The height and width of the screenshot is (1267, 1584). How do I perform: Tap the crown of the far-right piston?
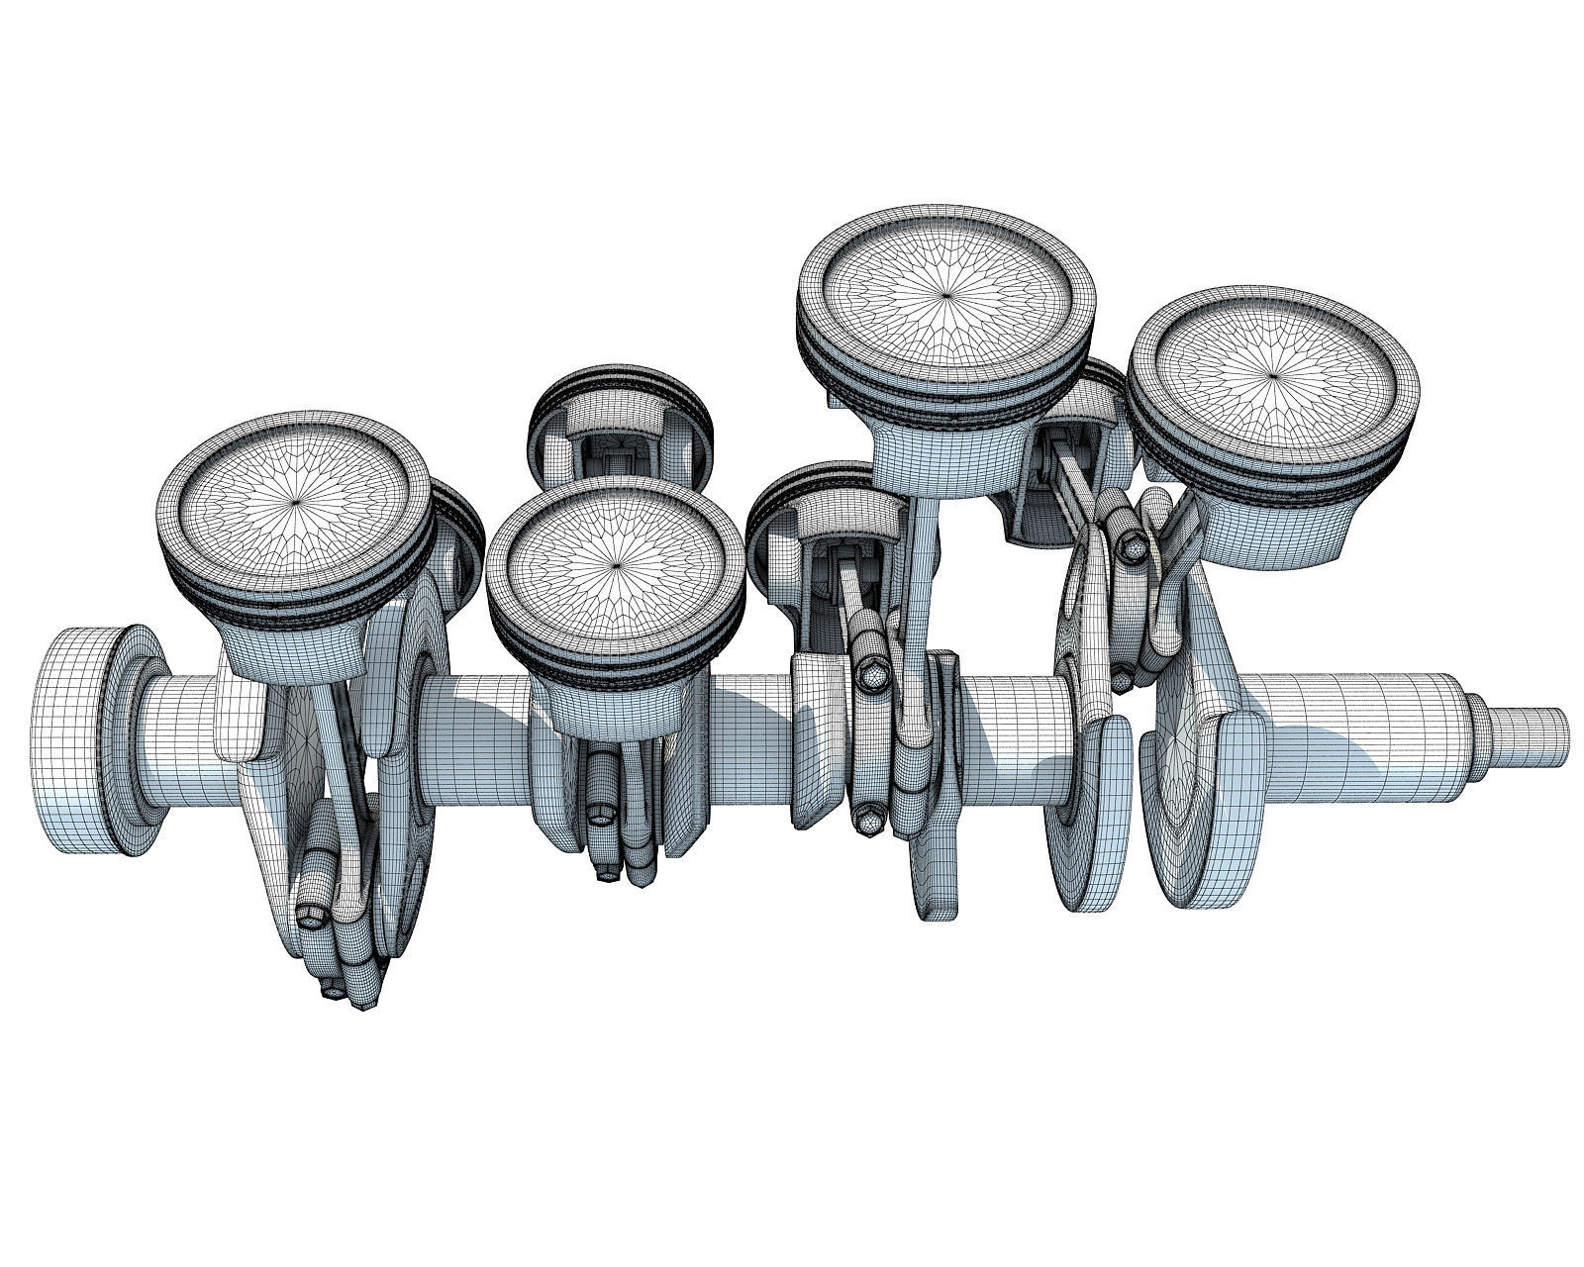tap(1273, 375)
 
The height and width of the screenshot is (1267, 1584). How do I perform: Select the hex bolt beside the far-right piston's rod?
tap(1131, 543)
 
